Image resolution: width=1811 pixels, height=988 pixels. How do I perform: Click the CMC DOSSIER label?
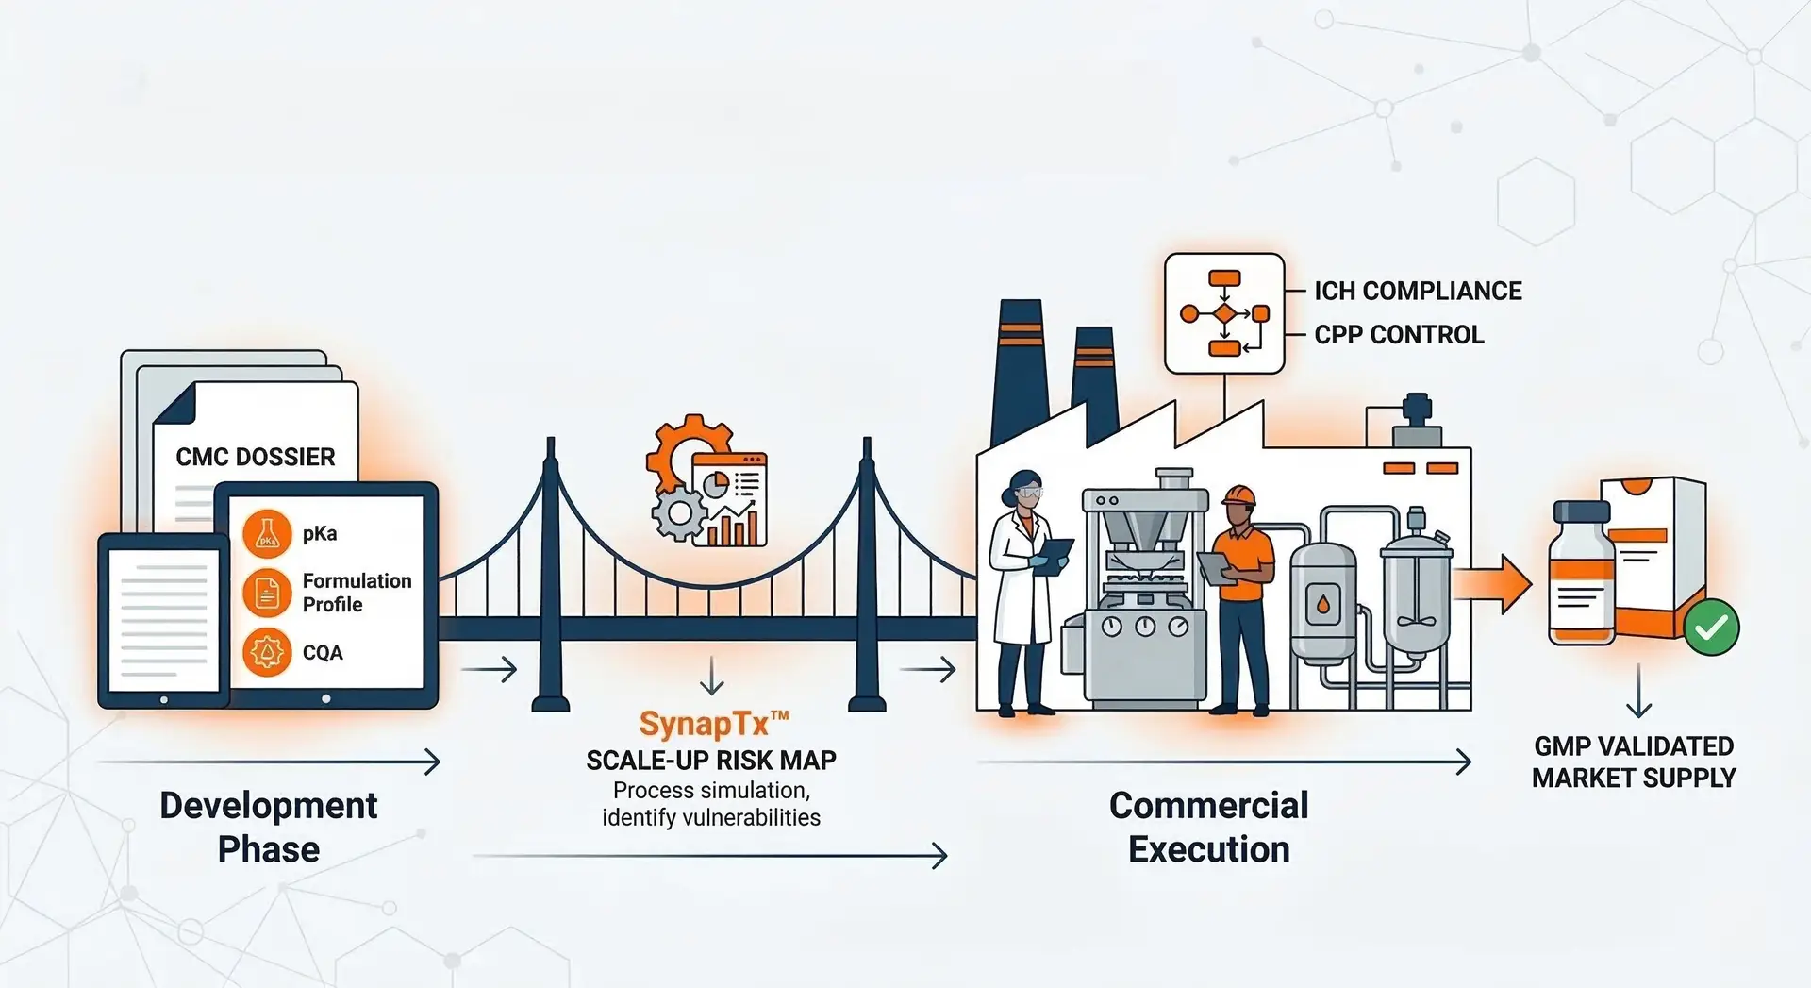point(255,457)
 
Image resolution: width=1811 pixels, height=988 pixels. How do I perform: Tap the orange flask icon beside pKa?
point(267,533)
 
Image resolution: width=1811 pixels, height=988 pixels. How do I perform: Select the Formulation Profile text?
point(357,593)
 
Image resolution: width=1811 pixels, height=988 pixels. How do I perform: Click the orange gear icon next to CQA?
point(267,652)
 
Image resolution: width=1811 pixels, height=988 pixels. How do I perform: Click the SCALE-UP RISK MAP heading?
point(711,760)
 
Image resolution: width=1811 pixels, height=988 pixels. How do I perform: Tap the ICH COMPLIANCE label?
point(1418,291)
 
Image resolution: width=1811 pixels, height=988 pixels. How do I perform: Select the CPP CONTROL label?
point(1399,334)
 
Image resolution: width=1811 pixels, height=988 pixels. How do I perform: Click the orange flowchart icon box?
point(1224,313)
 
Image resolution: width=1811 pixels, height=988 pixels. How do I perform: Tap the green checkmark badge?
point(1711,627)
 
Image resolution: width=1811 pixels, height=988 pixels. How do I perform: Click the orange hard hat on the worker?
point(1238,496)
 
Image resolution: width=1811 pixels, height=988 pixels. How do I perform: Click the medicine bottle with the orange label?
point(1583,576)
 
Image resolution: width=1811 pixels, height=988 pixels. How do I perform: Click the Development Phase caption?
point(268,827)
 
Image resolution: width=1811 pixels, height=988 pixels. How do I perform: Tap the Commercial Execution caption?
point(1208,827)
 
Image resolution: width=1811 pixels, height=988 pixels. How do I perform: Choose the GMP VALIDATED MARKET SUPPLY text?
point(1634,762)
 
